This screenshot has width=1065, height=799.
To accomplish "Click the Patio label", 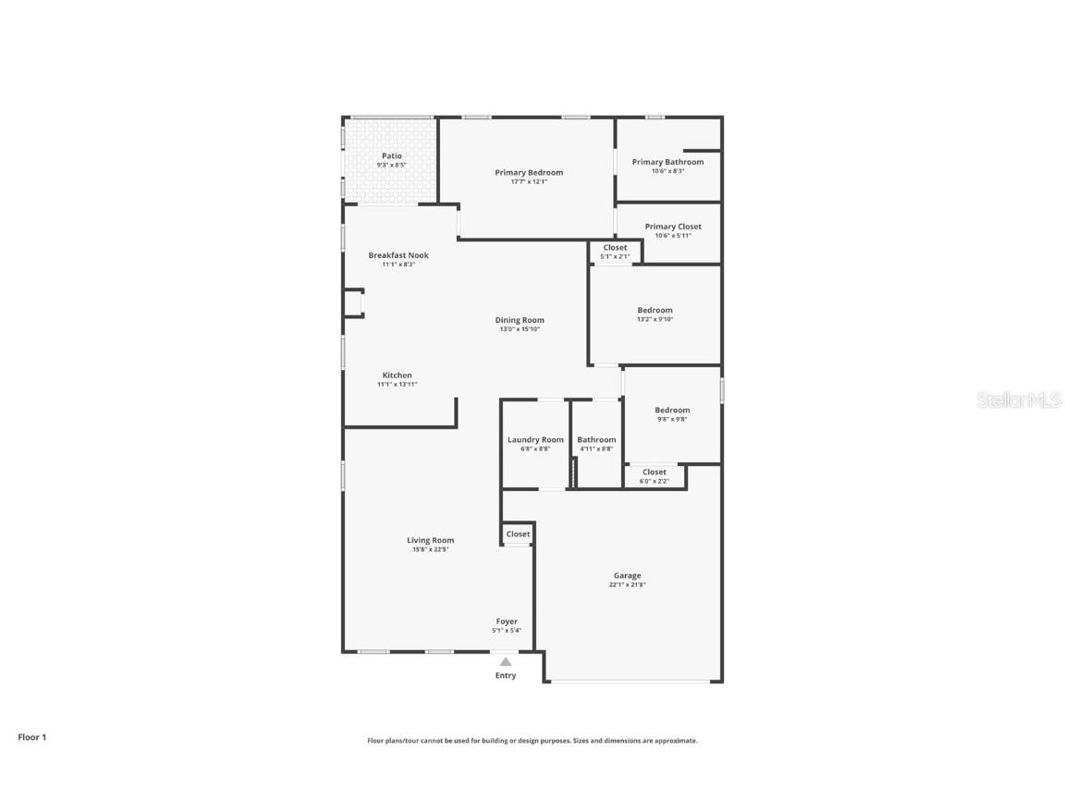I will pos(392,155).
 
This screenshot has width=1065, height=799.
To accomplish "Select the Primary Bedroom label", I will pos(529,172).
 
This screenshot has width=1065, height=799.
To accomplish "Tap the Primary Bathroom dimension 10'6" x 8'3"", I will pos(667,171).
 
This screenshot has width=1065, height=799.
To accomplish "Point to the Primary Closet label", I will pos(673,227).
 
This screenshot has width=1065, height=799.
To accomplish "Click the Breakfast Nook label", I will pos(398,255).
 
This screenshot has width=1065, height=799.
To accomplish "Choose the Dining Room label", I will pos(520,320).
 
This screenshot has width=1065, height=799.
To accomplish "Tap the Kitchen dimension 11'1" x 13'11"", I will pos(398,384).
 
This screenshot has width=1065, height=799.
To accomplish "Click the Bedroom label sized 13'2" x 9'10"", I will pos(655,310).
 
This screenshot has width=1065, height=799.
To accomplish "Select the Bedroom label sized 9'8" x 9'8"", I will pos(672,410).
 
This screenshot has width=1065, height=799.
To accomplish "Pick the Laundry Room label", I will pos(535,439).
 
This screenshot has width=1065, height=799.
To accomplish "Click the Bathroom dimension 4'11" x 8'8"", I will pos(596,449).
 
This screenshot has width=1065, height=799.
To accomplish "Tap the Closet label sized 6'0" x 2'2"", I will pos(655,472).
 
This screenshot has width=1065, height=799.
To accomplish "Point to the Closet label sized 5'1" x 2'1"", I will pos(615,247).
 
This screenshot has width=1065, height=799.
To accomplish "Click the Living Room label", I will pos(431,540).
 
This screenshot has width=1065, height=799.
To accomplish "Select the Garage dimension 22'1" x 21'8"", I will pos(627,584).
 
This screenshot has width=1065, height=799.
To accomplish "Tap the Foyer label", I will pos(507,621).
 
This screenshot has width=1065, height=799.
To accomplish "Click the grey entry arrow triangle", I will pos(505,661).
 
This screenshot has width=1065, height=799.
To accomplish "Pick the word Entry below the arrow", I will pos(506,675).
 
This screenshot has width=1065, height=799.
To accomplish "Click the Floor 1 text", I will pos(31,737).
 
